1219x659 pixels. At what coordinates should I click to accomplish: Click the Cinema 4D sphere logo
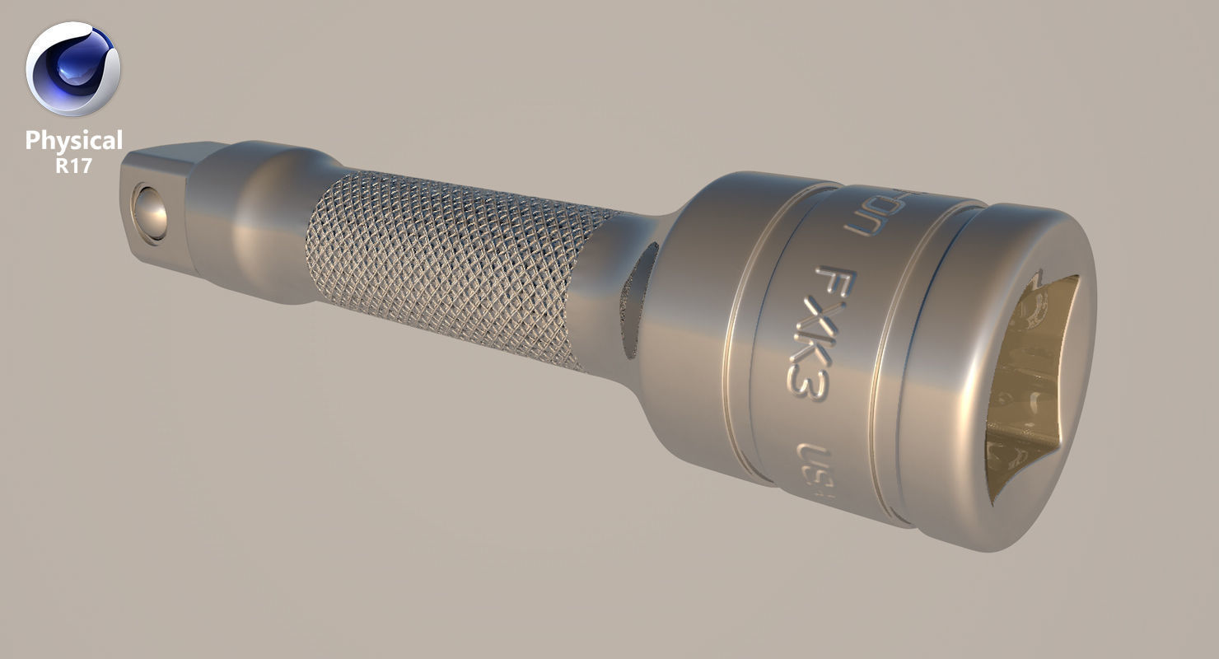click(x=72, y=69)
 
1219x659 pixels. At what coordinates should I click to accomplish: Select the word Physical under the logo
click(x=73, y=141)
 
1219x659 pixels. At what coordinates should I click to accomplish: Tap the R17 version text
click(x=73, y=165)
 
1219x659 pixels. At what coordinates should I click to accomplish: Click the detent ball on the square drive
click(x=151, y=213)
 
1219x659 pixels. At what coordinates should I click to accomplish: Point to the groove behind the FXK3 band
click(x=745, y=346)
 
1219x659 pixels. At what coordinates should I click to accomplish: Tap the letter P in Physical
click(x=32, y=141)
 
